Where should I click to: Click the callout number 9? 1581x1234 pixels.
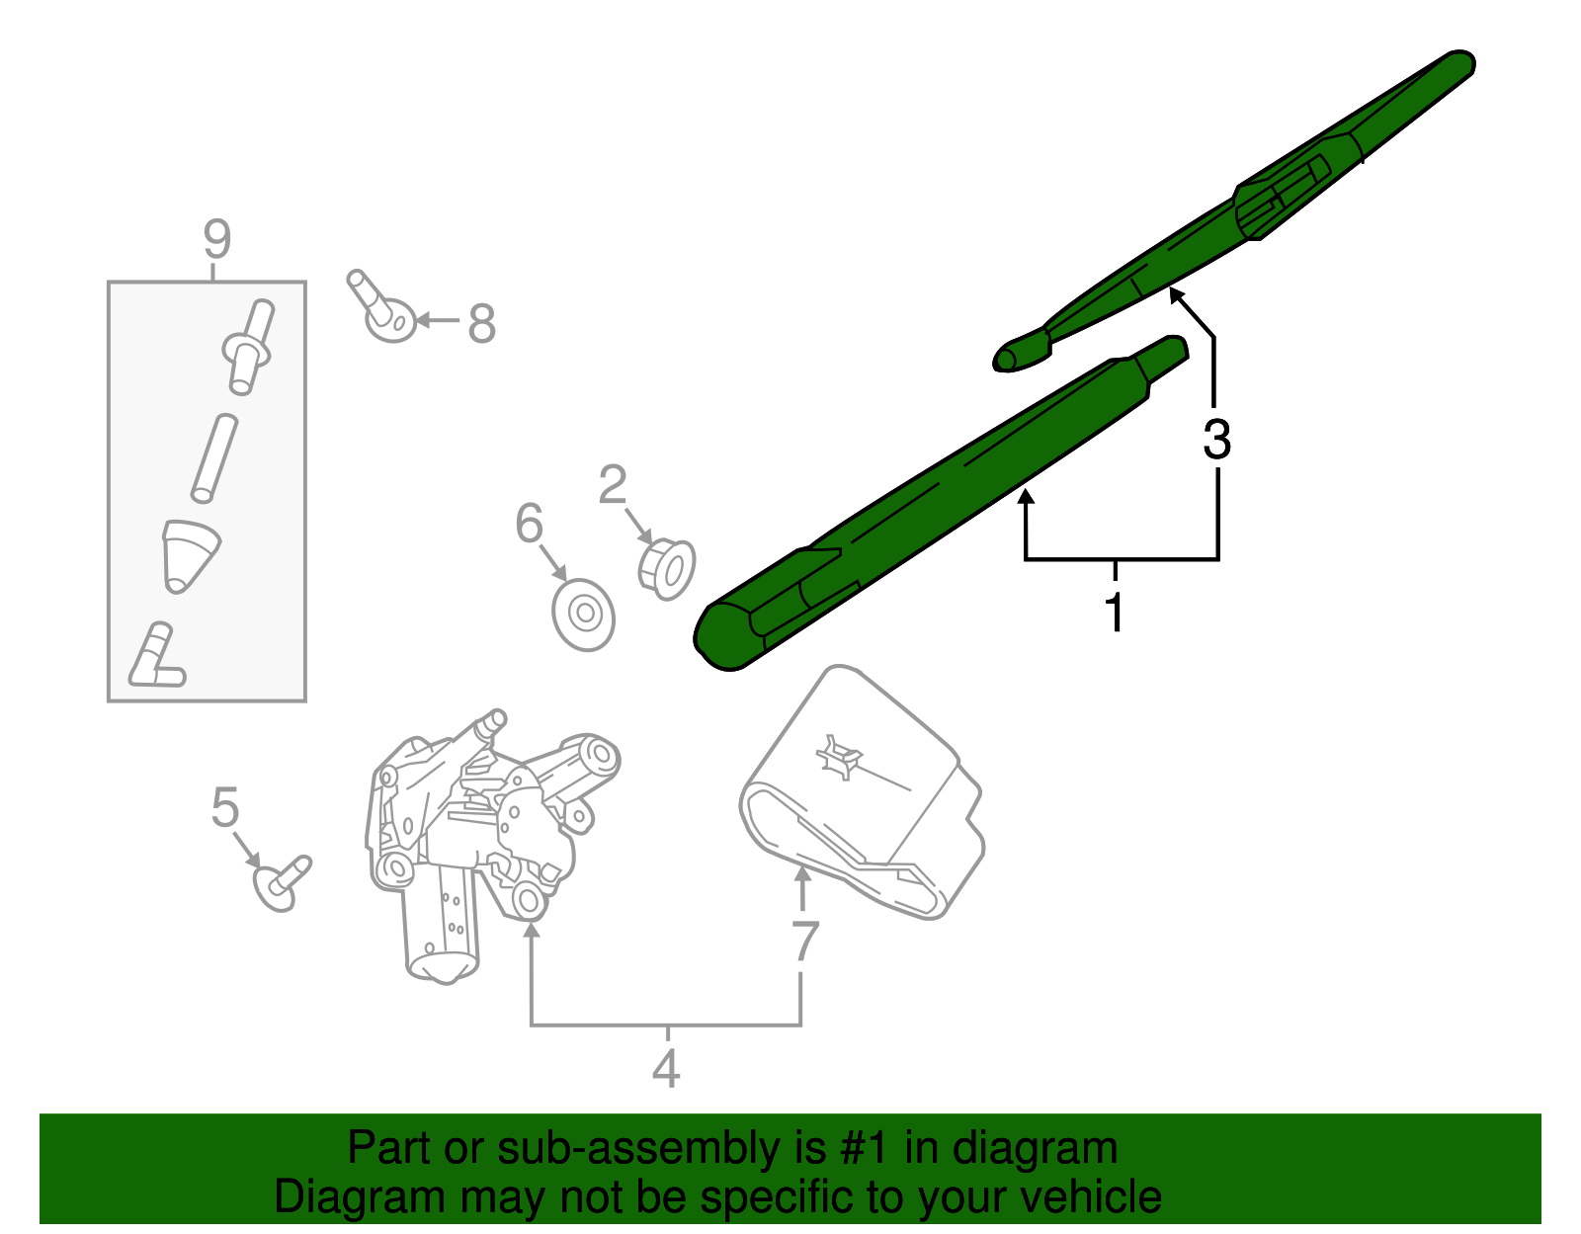click(x=216, y=240)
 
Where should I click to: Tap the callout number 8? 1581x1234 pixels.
click(x=481, y=323)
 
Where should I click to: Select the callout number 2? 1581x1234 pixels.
click(x=613, y=485)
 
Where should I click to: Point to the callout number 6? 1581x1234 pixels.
click(x=530, y=524)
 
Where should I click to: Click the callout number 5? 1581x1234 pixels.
click(x=225, y=807)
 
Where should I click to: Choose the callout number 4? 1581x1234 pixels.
click(x=667, y=1069)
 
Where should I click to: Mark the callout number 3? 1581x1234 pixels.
click(x=1216, y=439)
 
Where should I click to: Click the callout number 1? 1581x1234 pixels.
click(x=1115, y=612)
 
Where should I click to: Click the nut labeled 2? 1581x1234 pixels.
click(x=667, y=569)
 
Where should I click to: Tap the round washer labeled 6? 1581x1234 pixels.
click(x=584, y=614)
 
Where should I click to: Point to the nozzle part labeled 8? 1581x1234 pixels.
click(x=382, y=308)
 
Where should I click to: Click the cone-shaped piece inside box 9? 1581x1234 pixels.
click(x=189, y=554)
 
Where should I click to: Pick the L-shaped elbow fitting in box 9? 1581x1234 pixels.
click(x=156, y=659)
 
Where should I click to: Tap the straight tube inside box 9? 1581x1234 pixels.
click(x=214, y=458)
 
